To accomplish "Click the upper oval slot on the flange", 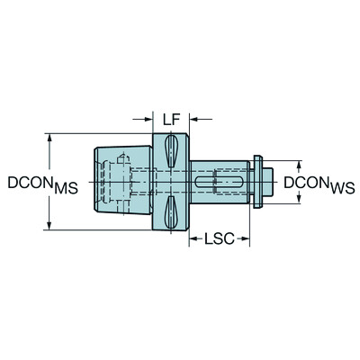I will pos(171,150).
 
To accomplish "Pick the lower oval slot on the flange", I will pos(171,214).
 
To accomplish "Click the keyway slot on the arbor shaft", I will pos(220,183).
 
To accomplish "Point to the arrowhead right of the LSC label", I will pos(247,240).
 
